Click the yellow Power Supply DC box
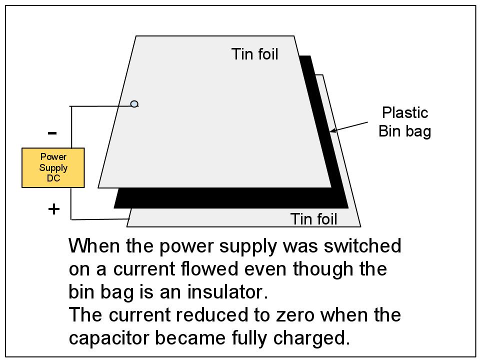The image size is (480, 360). (x=53, y=167)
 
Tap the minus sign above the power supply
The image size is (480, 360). (x=52, y=133)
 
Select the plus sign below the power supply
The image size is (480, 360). (x=53, y=209)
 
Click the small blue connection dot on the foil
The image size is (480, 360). (x=134, y=104)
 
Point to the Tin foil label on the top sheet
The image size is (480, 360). (x=254, y=54)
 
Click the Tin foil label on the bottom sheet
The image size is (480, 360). (x=314, y=219)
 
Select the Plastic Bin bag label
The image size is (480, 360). (x=404, y=122)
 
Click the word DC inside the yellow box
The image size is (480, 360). (x=53, y=178)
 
